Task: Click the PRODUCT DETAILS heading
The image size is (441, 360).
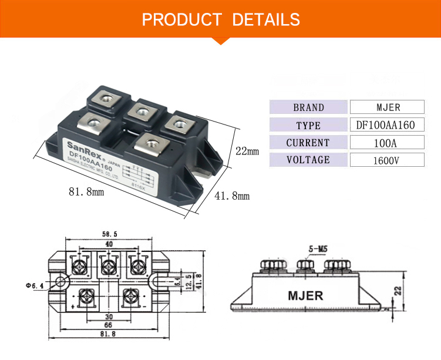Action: (x=221, y=19)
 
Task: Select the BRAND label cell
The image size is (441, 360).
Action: (x=308, y=107)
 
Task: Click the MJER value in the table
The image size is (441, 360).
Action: (x=386, y=107)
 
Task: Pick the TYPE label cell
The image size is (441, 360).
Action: (x=308, y=125)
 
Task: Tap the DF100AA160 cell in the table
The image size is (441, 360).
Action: (x=386, y=125)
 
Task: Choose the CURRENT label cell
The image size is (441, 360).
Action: (x=308, y=143)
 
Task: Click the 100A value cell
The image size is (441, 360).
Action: (x=386, y=143)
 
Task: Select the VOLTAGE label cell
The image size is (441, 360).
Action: (x=308, y=160)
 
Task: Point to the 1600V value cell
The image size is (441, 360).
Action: (x=386, y=160)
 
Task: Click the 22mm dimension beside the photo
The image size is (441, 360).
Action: (x=247, y=151)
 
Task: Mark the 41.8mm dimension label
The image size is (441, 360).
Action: (x=233, y=196)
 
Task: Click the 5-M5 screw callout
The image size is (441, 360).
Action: (x=317, y=249)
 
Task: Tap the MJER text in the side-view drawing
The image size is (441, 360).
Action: (x=305, y=295)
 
